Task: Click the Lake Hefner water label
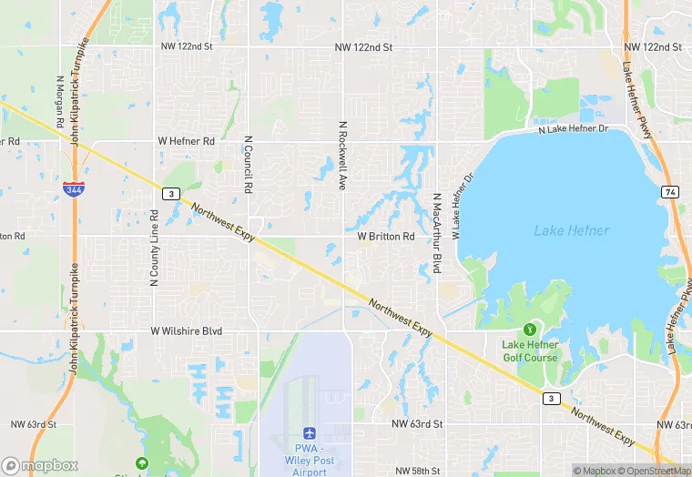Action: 571,231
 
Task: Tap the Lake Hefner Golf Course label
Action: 529,350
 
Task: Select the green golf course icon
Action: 529,329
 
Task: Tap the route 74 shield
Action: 670,192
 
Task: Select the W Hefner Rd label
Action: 186,141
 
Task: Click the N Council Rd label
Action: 248,165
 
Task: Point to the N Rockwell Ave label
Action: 343,157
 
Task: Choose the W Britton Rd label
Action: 385,236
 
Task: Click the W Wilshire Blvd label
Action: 186,331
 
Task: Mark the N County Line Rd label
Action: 154,249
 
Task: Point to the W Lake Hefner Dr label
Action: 463,208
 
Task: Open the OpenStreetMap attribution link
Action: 655,471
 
